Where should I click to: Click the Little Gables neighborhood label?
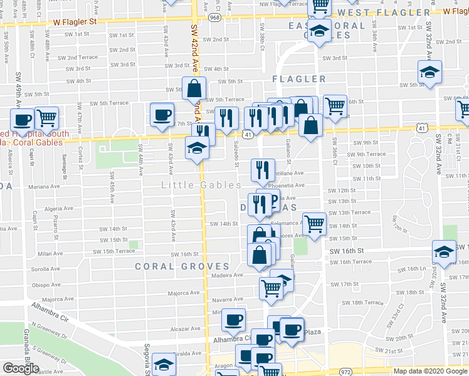pyautogui.click(x=201, y=185)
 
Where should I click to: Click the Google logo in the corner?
pyautogui.click(x=21, y=368)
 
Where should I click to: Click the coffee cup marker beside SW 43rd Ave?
pyautogui.click(x=162, y=115)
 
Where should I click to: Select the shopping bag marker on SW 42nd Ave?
pyautogui.click(x=194, y=89)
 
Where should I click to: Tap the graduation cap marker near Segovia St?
pyautogui.click(x=163, y=365)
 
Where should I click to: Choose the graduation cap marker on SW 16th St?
pyautogui.click(x=444, y=251)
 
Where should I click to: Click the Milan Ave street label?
pyautogui.click(x=48, y=254)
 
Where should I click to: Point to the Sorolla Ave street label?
pyautogui.click(x=45, y=269)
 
